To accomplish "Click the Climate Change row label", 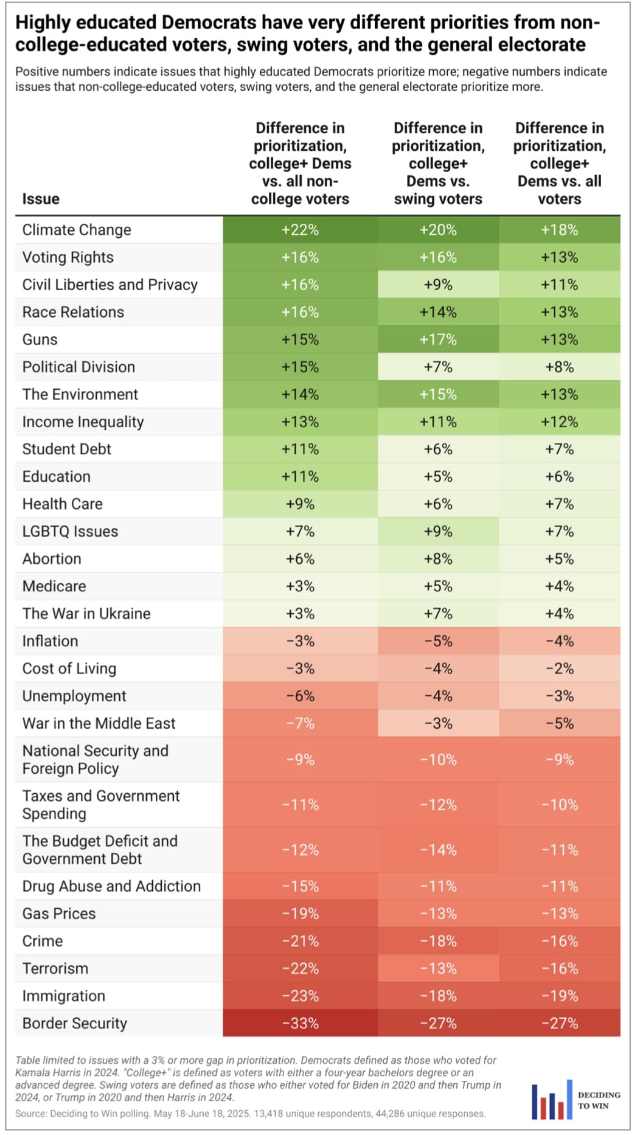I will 77,230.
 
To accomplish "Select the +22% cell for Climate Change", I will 300,230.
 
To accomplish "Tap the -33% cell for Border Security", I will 300,1023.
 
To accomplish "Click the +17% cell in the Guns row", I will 438,339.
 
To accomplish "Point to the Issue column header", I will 41,199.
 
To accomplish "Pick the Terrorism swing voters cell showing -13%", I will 438,968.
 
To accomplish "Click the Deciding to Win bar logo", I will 552,1100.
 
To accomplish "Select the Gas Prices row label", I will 59,914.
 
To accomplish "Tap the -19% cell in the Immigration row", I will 560,996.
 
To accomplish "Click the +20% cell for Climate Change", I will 438,230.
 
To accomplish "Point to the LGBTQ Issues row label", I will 70,531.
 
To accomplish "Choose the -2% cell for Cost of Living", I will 560,668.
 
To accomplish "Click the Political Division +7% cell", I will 438,367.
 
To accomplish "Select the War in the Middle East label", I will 99,723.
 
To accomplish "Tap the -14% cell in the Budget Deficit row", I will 438,850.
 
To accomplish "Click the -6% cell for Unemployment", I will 300,696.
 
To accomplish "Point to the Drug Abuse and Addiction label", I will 111,886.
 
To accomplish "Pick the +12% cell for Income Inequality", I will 560,422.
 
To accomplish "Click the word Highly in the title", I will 44,23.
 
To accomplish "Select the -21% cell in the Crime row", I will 300,941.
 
